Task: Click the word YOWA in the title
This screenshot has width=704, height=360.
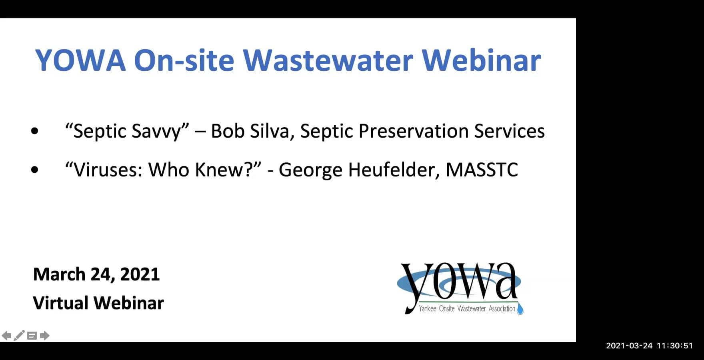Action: (80, 60)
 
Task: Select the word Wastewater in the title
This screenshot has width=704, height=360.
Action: (328, 60)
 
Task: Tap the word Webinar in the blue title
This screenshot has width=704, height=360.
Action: (481, 60)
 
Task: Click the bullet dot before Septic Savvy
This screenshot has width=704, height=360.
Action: (35, 130)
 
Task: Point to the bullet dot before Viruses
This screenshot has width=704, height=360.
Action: (35, 169)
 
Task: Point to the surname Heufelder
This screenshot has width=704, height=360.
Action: (391, 170)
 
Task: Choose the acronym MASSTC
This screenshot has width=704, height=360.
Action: (482, 170)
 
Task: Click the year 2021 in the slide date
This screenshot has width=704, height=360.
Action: (140, 274)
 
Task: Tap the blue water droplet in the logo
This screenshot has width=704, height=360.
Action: (520, 308)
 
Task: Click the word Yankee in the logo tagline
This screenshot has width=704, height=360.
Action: (428, 308)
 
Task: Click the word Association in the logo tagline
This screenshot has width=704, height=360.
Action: (502, 308)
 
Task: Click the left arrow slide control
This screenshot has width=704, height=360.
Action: (6, 336)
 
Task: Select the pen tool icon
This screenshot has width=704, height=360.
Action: (19, 336)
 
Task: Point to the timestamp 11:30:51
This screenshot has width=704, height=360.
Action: (675, 346)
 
